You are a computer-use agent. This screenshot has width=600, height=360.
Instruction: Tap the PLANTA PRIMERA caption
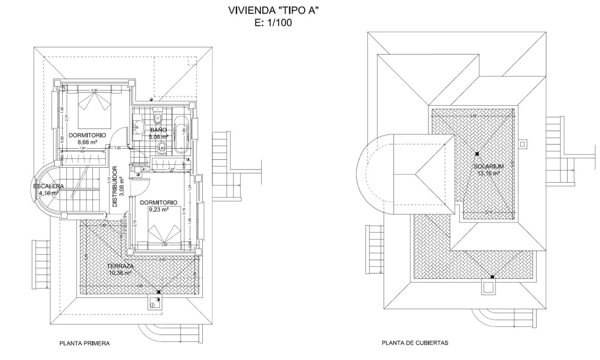(x=84, y=344)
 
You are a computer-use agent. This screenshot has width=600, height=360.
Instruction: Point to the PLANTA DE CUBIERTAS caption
(x=415, y=343)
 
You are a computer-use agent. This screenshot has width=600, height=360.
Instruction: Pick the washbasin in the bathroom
(x=139, y=126)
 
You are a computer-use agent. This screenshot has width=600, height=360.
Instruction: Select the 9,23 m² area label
(x=158, y=209)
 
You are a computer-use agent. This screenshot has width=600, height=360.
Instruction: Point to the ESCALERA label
(x=48, y=186)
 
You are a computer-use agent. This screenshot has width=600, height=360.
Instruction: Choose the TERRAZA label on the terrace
(x=119, y=266)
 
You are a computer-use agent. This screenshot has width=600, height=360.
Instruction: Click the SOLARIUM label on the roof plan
(x=489, y=166)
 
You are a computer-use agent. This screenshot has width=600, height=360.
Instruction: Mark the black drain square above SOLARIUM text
(x=477, y=154)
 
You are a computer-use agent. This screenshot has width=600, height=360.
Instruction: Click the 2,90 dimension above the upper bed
(x=95, y=90)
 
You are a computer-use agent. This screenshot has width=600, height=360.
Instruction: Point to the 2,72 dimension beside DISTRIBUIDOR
(x=109, y=180)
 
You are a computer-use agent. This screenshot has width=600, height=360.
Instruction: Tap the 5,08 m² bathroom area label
(x=159, y=136)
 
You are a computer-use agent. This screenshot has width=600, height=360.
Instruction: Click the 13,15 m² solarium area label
(x=489, y=173)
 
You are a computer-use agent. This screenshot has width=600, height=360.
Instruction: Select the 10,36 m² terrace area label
(x=120, y=273)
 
